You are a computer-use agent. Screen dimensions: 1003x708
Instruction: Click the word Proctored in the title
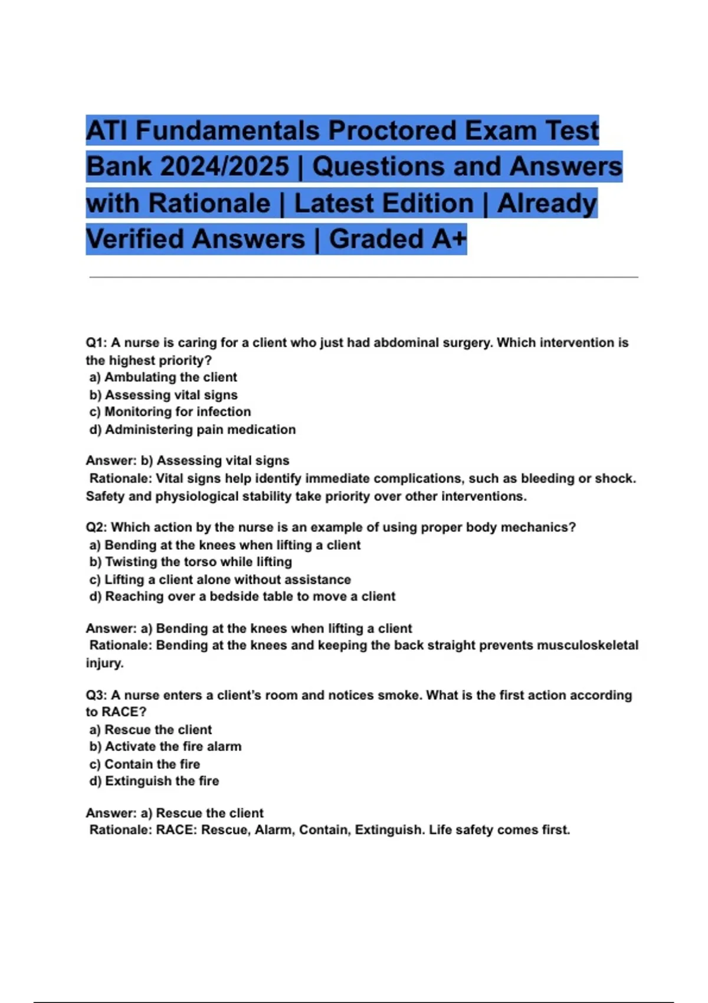click(x=392, y=130)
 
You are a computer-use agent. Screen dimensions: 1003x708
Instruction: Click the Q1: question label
click(x=96, y=343)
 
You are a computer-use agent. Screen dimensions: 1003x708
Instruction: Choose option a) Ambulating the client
click(x=163, y=377)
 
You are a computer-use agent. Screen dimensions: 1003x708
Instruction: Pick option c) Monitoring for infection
click(x=170, y=412)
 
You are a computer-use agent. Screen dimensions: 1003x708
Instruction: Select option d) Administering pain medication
click(x=192, y=430)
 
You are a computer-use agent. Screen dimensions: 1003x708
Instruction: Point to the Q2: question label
click(x=96, y=527)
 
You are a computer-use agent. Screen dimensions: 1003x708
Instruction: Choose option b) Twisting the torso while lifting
click(x=191, y=562)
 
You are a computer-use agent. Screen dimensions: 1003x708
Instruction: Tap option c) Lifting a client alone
click(x=220, y=579)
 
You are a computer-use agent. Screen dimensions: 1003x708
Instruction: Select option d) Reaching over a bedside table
click(x=242, y=596)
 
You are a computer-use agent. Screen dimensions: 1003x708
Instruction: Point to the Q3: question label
click(x=96, y=695)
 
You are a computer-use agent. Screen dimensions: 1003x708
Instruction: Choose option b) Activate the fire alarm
click(x=165, y=746)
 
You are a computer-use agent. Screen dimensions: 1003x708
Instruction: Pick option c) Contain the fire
click(x=145, y=764)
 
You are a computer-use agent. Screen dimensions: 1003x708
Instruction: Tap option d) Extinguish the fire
click(x=154, y=781)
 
